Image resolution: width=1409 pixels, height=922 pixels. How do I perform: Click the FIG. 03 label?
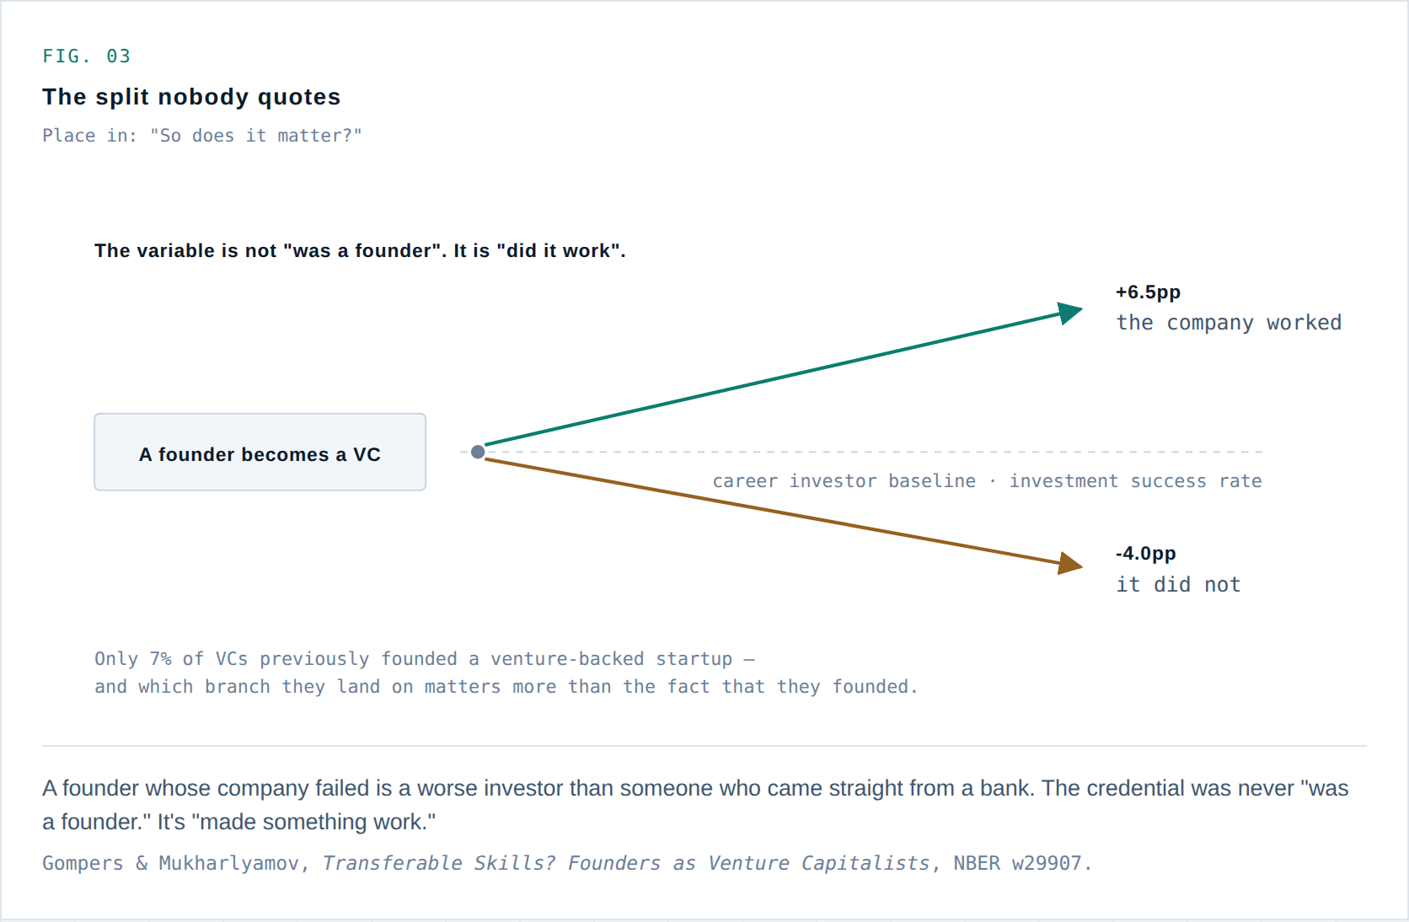[86, 56]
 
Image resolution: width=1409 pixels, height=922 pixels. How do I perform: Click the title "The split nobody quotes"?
[191, 97]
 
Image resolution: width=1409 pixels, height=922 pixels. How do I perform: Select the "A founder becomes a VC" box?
[260, 453]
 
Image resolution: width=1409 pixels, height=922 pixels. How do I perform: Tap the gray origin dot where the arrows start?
[478, 452]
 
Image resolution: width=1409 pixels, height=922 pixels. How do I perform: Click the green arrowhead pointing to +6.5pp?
[1070, 312]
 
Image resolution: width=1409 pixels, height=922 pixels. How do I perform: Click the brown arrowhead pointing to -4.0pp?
[1070, 564]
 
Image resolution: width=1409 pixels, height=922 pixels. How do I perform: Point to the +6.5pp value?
[1148, 292]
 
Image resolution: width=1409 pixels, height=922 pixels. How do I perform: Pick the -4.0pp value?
[1145, 554]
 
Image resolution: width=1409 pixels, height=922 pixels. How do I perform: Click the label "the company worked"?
[1229, 323]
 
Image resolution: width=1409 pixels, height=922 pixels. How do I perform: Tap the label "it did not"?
[1178, 585]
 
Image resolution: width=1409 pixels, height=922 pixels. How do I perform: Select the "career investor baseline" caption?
[844, 481]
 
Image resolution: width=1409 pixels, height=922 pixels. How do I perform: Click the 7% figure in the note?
[160, 658]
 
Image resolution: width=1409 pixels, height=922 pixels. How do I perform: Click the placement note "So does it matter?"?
[256, 135]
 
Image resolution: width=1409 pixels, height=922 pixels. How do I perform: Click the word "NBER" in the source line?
[977, 863]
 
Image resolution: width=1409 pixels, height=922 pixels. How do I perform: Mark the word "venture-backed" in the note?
[567, 658]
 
